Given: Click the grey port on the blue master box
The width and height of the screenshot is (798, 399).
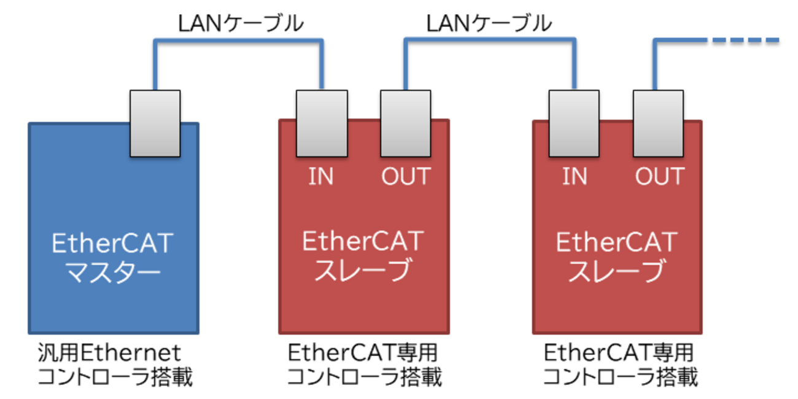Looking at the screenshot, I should coord(155,123).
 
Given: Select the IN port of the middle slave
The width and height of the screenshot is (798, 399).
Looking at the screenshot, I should coord(321,123).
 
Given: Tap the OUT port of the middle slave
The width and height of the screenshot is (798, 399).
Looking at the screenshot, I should coord(405,123).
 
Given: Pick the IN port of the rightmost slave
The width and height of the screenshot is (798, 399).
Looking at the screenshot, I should coord(574,123).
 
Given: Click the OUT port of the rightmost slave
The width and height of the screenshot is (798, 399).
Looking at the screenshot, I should coord(658,123).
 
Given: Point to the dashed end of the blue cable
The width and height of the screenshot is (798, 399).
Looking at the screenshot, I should coord(746,41).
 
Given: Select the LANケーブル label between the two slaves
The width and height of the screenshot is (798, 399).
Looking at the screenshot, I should coord(489,23).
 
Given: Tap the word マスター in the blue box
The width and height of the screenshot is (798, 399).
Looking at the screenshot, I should coord(113,272).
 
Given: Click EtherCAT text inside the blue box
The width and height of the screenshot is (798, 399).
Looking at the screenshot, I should coord(113,244).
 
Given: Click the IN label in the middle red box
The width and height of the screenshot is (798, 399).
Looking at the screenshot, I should coord(321,177).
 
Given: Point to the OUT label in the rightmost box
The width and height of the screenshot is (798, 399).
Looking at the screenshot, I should coord(659,177).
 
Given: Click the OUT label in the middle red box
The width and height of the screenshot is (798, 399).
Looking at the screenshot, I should coord(406,177).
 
